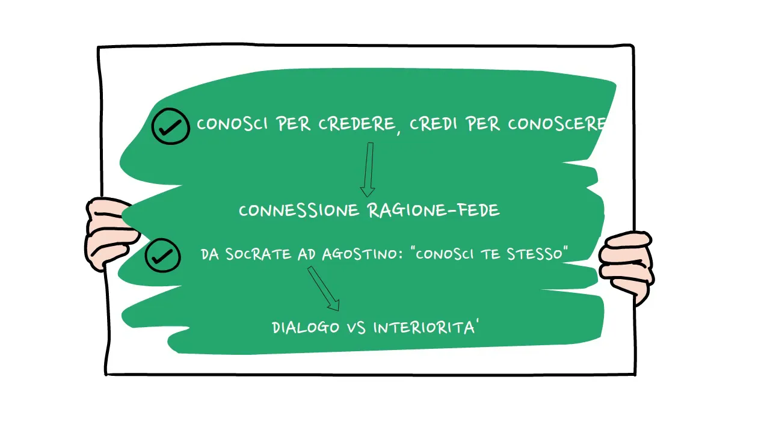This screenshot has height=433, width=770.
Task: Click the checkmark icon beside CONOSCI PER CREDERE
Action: (x=170, y=126)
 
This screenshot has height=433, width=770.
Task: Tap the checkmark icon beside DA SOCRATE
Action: (x=162, y=256)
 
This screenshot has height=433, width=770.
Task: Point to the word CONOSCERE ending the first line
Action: (x=556, y=124)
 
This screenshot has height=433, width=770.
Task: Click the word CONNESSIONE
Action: (x=300, y=210)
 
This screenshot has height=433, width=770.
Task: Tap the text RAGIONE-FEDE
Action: (x=433, y=210)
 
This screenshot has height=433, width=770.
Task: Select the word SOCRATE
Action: (x=258, y=254)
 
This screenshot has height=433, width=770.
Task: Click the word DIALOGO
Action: (x=306, y=328)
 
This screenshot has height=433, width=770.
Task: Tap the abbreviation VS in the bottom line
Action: (x=357, y=328)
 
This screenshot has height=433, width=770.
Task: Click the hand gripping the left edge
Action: (x=108, y=232)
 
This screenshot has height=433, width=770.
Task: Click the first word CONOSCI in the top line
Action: (x=233, y=124)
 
